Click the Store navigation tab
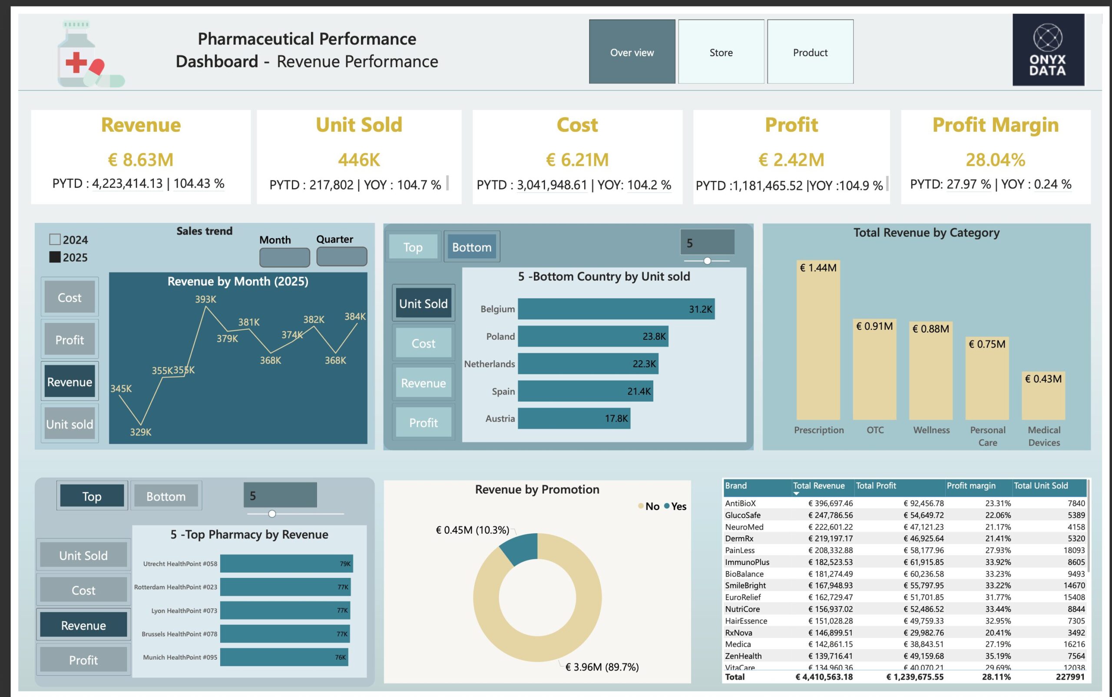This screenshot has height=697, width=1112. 721,52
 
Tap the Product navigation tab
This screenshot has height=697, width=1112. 810,52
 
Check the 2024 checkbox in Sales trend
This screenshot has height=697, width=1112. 55,239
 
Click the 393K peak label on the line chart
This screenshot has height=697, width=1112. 205,299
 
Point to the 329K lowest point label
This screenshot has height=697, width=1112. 141,432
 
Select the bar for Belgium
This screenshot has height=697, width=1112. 616,309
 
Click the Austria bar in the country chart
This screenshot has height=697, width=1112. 573,418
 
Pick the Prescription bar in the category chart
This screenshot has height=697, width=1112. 818,341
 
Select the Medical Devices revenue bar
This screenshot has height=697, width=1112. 1043,396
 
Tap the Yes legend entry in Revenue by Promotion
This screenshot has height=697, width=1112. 675,506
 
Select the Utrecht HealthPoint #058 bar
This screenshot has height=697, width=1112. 286,563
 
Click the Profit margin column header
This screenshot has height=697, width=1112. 970,485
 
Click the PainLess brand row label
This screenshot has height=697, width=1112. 740,550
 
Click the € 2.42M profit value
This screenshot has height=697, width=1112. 791,159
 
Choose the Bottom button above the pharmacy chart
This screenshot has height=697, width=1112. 166,496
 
